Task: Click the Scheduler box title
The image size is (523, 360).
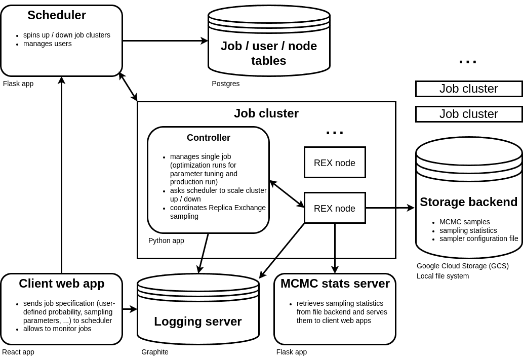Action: coord(57,15)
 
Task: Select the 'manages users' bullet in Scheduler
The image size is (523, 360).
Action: coord(48,44)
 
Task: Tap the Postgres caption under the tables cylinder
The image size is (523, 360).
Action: coord(226,84)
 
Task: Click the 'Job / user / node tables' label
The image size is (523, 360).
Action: coord(268,53)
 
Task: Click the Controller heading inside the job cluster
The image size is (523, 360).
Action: coord(209,138)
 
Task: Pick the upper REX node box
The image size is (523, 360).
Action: coord(335,163)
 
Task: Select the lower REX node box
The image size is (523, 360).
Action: coord(335,208)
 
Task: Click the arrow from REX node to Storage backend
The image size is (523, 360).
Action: coord(390,208)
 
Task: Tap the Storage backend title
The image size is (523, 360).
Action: coord(469,202)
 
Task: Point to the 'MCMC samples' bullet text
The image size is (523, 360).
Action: coord(465,222)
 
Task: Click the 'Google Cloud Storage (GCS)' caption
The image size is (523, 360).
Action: coord(463,266)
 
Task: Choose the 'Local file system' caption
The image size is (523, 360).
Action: coord(443,276)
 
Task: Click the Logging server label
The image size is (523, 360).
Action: coord(198,322)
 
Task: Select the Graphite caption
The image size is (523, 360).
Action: coord(155,352)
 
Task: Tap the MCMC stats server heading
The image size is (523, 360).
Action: coord(335,284)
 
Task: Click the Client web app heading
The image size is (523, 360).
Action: coord(62,284)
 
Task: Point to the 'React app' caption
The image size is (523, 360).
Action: coord(19,352)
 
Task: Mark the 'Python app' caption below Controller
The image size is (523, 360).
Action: coord(167,241)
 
